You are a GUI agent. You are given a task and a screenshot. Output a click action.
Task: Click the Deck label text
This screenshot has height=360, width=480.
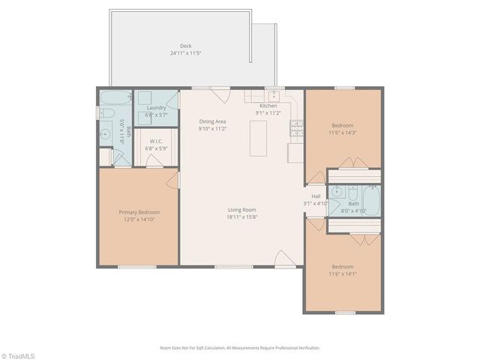(x=185, y=46)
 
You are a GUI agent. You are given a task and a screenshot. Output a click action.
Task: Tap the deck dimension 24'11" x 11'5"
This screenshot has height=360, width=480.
(x=185, y=53)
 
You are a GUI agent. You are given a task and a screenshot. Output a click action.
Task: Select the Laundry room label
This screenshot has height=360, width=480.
(x=156, y=108)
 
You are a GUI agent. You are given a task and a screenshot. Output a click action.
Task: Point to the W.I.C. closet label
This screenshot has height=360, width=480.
(x=156, y=141)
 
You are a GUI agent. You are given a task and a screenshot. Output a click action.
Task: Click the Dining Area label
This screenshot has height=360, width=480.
(x=212, y=121)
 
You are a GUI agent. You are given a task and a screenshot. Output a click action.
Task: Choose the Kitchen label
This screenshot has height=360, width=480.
(x=268, y=106)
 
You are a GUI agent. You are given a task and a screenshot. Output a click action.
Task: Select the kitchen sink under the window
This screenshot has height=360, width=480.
(x=274, y=96)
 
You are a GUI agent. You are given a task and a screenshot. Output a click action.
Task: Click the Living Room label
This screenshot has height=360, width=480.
(x=242, y=210)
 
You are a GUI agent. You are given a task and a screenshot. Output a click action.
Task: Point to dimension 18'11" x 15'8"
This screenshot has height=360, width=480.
(x=242, y=217)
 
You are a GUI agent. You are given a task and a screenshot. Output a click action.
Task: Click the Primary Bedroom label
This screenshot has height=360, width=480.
(x=139, y=212)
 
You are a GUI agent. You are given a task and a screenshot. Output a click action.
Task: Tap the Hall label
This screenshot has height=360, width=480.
(x=316, y=196)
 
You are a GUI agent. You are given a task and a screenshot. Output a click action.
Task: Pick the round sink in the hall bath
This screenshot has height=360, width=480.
(x=335, y=191)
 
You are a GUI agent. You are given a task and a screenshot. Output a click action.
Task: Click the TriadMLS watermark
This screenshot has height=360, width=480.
(x=18, y=355)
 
